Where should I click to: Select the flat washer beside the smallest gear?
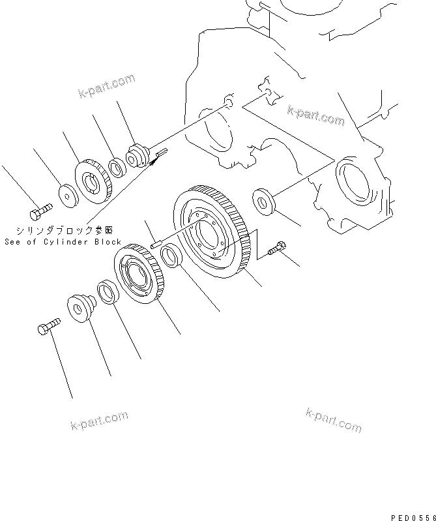67,194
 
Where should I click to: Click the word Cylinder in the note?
67,241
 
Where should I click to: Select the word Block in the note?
107,241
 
